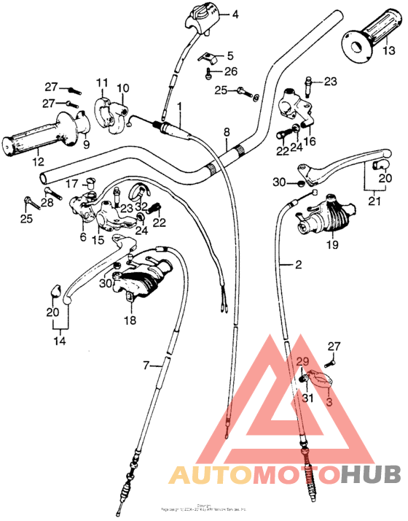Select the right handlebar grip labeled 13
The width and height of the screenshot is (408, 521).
coord(368,41)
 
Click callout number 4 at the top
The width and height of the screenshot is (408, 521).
coord(235,14)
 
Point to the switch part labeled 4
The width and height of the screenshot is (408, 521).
coord(203,15)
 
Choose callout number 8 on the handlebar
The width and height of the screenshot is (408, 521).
coord(227,132)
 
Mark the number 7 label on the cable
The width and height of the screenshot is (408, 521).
coord(146,364)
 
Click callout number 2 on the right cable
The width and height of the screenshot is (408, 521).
coord(297,266)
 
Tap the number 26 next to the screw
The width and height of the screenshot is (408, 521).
coord(230,71)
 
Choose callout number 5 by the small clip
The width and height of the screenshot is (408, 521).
coord(229,55)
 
